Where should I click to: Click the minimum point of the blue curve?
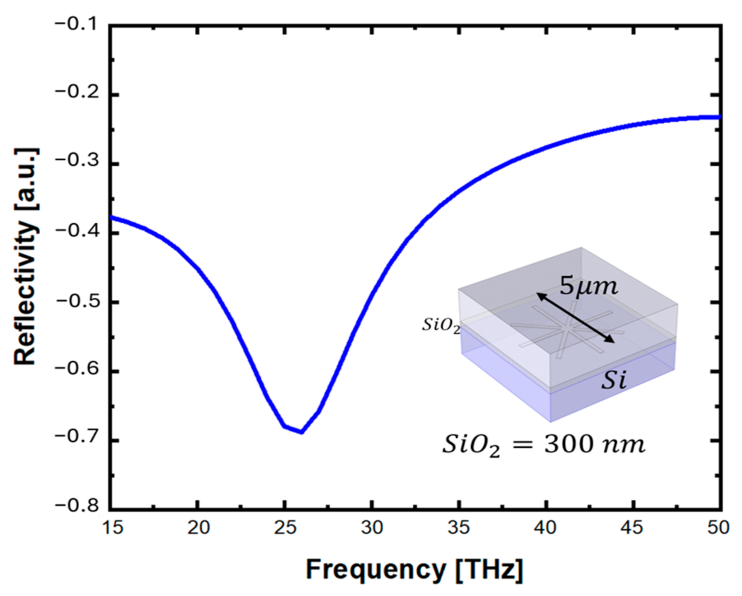tap(301, 432)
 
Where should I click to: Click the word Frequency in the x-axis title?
tap(375, 569)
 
